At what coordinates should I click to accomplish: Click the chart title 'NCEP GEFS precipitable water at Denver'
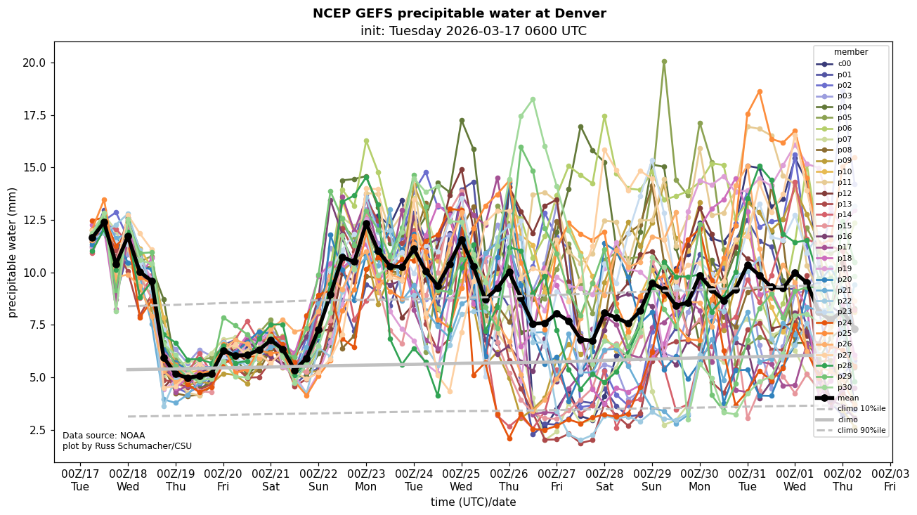pyautogui.click(x=459, y=13)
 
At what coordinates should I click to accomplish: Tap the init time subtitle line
pyautogui.click(x=473, y=31)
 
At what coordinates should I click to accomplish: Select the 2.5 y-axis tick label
pyautogui.click(x=38, y=430)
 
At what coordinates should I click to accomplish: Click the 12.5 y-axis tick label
pyautogui.click(x=34, y=220)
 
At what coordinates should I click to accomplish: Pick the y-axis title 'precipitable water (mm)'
pyautogui.click(x=13, y=252)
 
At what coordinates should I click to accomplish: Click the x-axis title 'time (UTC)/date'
pyautogui.click(x=473, y=502)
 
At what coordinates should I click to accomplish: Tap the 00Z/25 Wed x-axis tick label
pyautogui.click(x=462, y=479)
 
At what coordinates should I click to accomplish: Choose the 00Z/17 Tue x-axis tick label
pyautogui.click(x=81, y=479)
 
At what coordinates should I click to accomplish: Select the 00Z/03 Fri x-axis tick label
pyautogui.click(x=890, y=479)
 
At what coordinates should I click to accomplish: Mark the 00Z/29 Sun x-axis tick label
pyautogui.click(x=652, y=479)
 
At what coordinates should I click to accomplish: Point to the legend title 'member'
pyautogui.click(x=850, y=52)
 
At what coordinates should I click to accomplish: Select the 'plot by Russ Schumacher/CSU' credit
pyautogui.click(x=126, y=446)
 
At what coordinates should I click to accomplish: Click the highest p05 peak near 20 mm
pyautogui.click(x=664, y=62)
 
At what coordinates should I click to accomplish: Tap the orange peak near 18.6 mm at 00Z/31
pyautogui.click(x=760, y=91)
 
